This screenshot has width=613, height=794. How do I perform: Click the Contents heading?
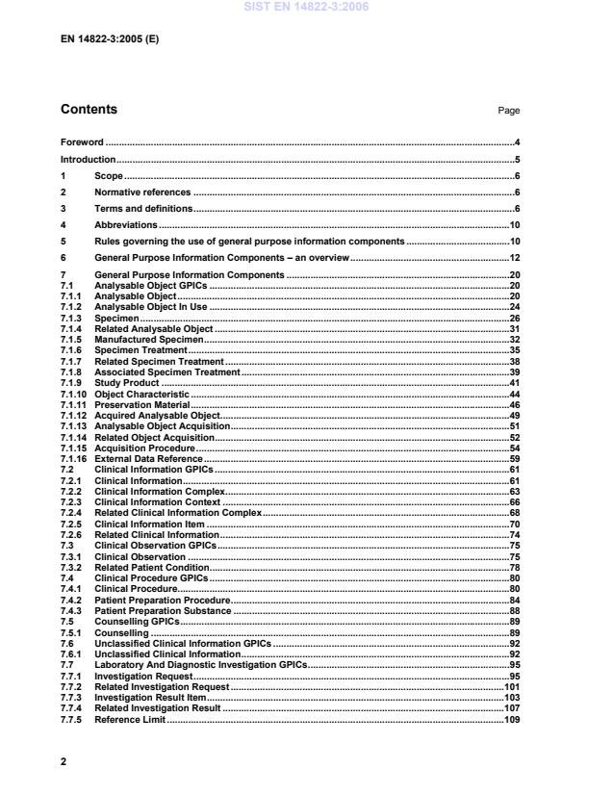(x=89, y=110)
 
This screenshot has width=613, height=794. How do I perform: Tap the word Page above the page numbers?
(x=508, y=111)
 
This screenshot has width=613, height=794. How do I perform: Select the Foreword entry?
(x=82, y=141)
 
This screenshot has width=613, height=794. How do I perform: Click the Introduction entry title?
(x=88, y=159)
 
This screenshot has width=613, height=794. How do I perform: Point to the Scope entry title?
(x=108, y=176)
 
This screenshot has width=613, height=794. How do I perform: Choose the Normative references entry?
(x=142, y=192)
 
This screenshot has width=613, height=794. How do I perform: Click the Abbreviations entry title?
(x=125, y=224)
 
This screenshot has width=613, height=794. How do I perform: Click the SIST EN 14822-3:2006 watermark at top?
(x=306, y=8)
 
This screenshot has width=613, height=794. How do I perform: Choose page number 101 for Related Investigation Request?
(x=512, y=687)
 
